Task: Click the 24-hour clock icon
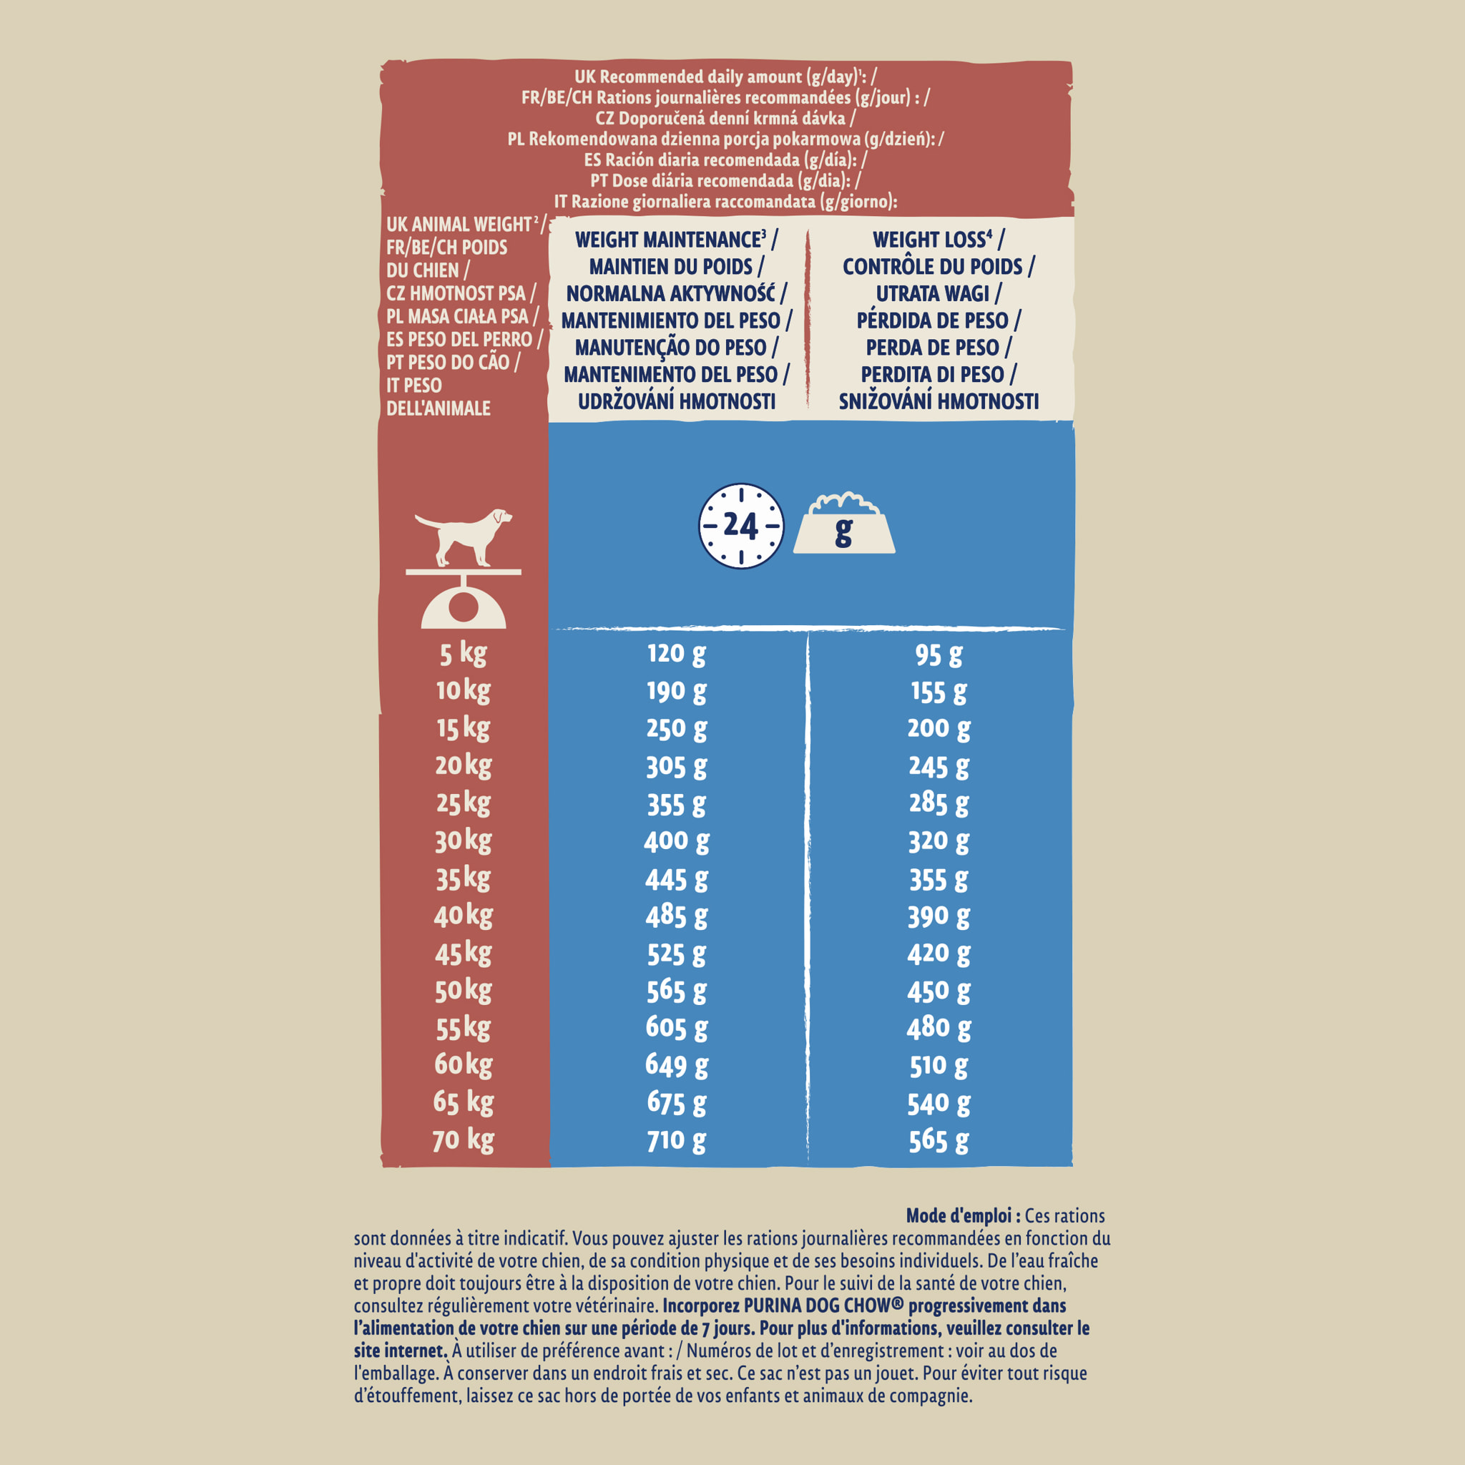[740, 526]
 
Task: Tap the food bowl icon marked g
[843, 526]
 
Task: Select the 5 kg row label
[463, 654]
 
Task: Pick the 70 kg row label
[463, 1140]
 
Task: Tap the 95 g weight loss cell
[938, 655]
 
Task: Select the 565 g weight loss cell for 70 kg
[938, 1140]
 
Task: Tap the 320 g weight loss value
[938, 841]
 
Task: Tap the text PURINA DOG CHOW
[823, 1305]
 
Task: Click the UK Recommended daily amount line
[725, 77]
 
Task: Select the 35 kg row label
[463, 879]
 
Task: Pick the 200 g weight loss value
[938, 729]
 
